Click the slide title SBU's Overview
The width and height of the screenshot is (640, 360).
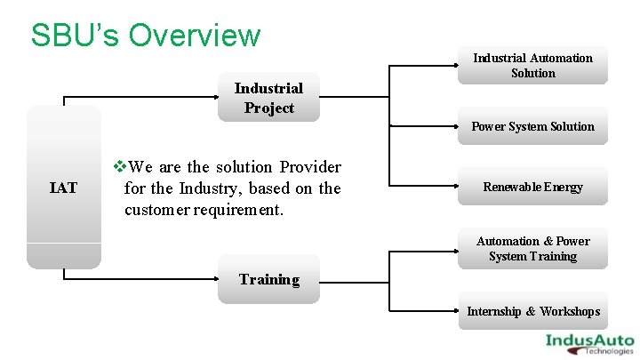click(146, 36)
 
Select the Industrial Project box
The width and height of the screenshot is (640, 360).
click(268, 98)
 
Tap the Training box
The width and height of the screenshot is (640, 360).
click(268, 280)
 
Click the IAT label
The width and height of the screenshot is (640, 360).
click(63, 188)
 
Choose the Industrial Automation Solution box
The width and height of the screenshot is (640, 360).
click(532, 66)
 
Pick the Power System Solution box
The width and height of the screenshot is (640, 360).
click(532, 126)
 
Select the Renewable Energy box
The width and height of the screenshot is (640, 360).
click(532, 187)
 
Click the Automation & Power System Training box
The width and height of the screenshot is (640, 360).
click(532, 249)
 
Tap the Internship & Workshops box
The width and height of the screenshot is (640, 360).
click(532, 311)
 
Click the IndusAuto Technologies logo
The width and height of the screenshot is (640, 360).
click(588, 342)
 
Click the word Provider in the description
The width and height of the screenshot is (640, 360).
click(310, 167)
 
